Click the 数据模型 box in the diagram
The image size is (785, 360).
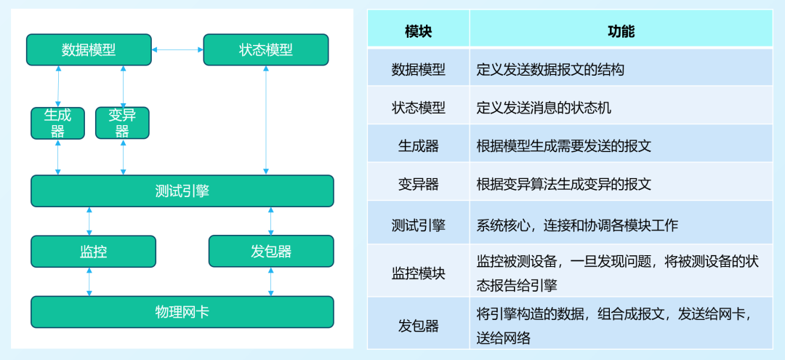(89, 49)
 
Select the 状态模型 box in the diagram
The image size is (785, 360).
(265, 49)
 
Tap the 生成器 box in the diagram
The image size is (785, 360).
(57, 123)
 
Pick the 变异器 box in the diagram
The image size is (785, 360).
(122, 123)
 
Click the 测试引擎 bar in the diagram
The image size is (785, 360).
(182, 191)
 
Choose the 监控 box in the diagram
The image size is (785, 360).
(93, 251)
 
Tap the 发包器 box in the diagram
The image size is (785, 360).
(271, 251)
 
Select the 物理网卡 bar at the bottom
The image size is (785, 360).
(182, 311)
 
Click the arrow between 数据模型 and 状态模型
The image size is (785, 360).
(177, 49)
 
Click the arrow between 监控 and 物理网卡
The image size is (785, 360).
(89, 281)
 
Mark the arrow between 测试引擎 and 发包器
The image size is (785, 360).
(271, 220)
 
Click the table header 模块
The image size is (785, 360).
(418, 31)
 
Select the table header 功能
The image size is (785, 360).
(621, 31)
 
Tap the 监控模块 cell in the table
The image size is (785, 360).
(418, 273)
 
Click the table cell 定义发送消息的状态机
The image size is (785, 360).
(544, 108)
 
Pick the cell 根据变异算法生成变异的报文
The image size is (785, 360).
(563, 184)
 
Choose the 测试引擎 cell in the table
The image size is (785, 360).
(418, 225)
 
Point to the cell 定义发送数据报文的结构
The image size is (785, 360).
(550, 70)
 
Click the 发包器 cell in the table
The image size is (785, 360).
(418, 326)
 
